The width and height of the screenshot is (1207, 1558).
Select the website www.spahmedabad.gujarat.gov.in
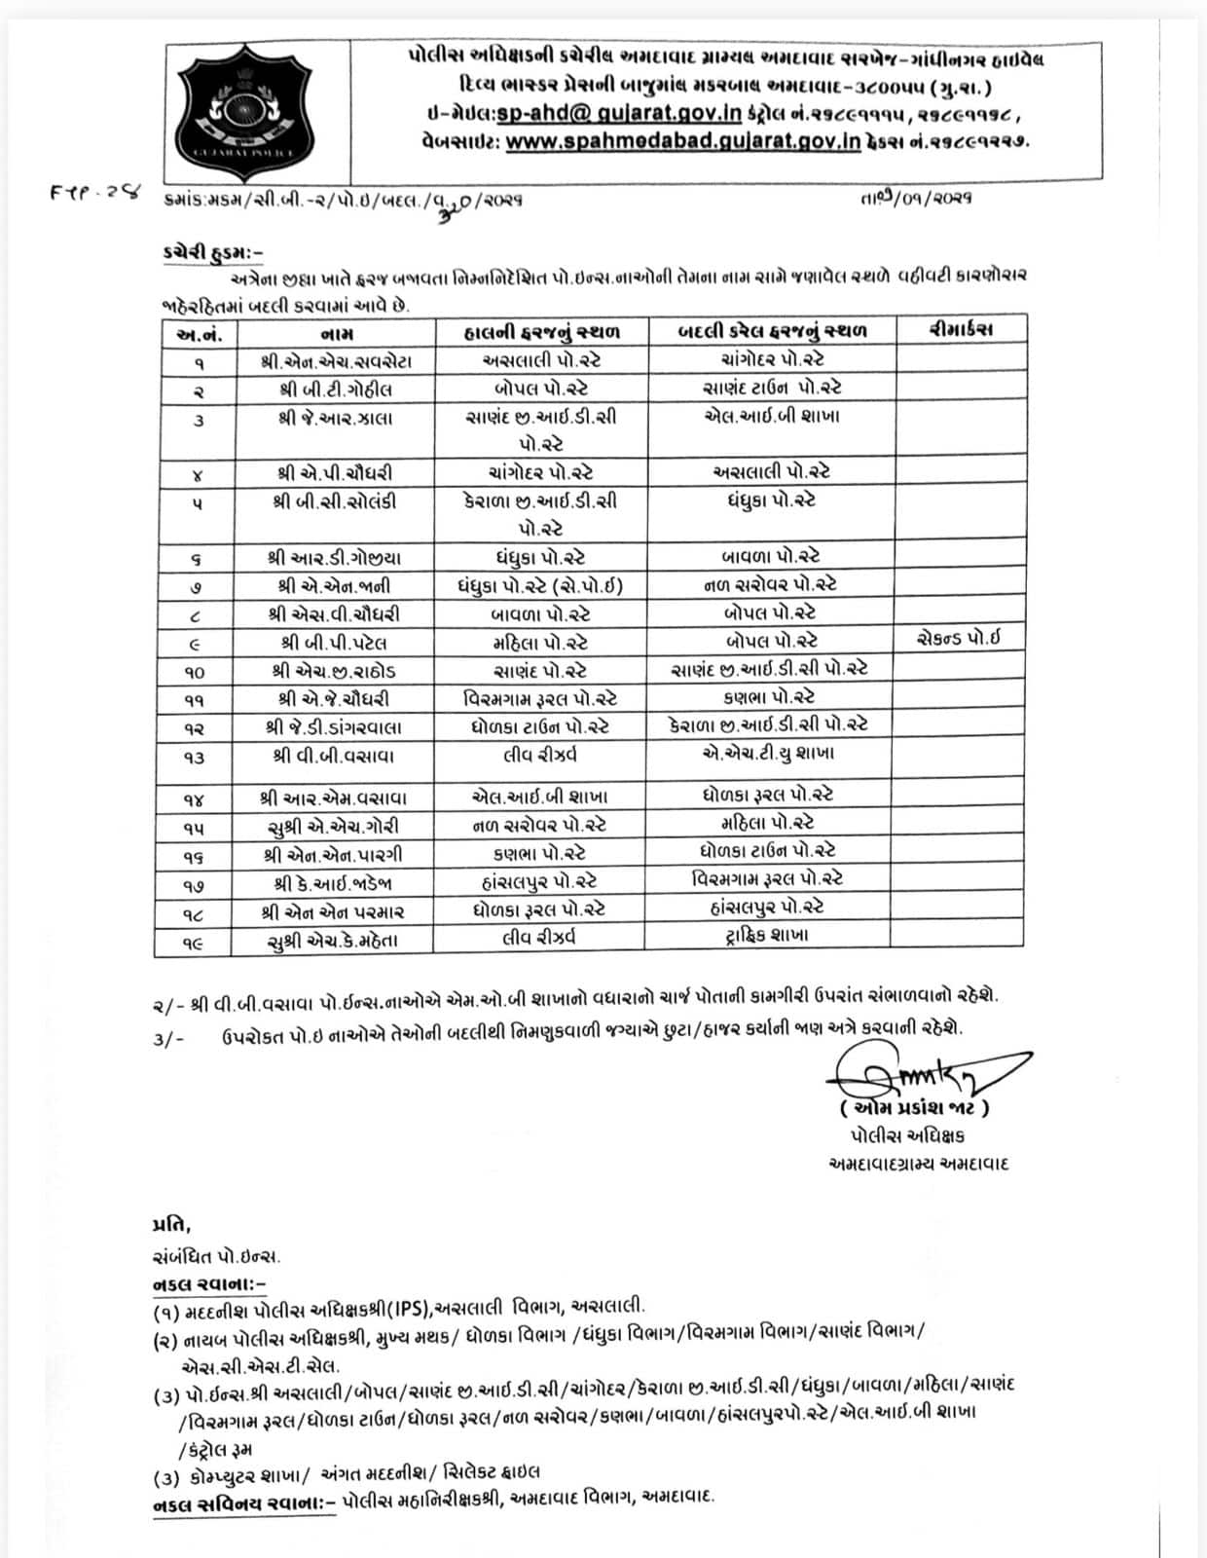point(683,142)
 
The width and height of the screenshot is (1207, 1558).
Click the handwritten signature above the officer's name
point(925,1073)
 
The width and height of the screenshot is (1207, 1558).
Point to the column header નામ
point(336,333)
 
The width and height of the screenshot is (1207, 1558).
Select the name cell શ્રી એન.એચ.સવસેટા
point(336,361)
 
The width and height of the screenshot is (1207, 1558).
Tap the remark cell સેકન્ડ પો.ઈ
point(958,640)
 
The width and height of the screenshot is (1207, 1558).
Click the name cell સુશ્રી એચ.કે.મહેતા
point(333,941)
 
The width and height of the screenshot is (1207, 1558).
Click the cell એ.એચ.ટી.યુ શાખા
point(768,753)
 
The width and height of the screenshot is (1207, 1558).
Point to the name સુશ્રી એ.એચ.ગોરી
point(333,827)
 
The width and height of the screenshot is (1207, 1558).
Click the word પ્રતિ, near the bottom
point(171,1224)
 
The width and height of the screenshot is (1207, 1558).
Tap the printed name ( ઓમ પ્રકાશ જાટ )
point(914,1108)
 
